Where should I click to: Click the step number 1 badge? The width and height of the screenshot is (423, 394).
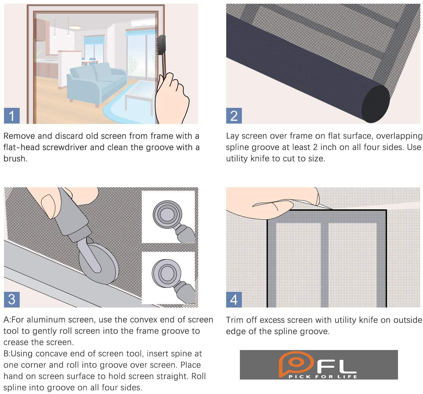pyautogui.click(x=12, y=116)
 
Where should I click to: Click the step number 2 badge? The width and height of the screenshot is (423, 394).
pyautogui.click(x=234, y=116)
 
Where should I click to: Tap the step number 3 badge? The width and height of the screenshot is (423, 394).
pyautogui.click(x=12, y=299)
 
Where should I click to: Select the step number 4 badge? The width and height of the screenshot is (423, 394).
pyautogui.click(x=234, y=299)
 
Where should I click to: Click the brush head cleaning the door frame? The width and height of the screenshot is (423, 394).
pyautogui.click(x=161, y=45)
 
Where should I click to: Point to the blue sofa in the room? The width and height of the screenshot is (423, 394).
pyautogui.click(x=96, y=83)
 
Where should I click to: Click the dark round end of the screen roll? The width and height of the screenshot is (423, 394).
pyautogui.click(x=376, y=104)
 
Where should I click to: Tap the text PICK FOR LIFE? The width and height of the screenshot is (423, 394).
pyautogui.click(x=323, y=377)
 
